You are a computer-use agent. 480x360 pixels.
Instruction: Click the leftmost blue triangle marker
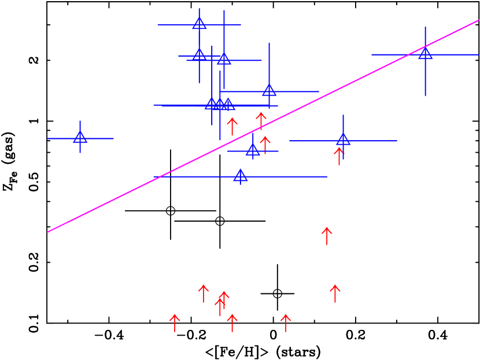(80, 138)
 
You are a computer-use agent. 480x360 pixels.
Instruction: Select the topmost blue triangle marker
(200, 24)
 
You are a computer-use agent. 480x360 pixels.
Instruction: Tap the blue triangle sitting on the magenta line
(425, 54)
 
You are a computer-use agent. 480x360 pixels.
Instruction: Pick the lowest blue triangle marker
(241, 176)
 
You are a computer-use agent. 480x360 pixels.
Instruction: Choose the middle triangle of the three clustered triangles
(220, 104)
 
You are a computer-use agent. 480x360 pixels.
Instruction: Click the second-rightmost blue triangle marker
(343, 139)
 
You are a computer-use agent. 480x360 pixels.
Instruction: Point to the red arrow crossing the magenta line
(261, 120)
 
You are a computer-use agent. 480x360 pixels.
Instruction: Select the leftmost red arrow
(175, 322)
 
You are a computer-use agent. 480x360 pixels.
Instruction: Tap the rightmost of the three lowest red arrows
(286, 322)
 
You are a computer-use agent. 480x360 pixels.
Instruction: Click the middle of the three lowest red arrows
(232, 322)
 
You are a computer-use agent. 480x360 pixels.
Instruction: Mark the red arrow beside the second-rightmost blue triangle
(339, 156)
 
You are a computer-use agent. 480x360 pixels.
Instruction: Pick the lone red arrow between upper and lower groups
(327, 236)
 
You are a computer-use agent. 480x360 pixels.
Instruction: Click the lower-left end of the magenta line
(47, 232)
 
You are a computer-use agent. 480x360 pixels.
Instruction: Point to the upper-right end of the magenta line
(478, 21)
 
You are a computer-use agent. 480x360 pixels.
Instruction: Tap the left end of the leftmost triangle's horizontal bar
(47, 138)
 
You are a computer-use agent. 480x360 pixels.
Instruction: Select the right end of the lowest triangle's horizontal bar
(327, 177)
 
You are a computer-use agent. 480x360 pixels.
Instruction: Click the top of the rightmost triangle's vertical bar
(425, 27)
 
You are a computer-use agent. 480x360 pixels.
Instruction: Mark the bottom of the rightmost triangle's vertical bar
(425, 96)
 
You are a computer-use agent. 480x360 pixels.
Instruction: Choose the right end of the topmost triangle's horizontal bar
(241, 25)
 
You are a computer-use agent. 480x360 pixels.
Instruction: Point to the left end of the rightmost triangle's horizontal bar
(371, 55)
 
